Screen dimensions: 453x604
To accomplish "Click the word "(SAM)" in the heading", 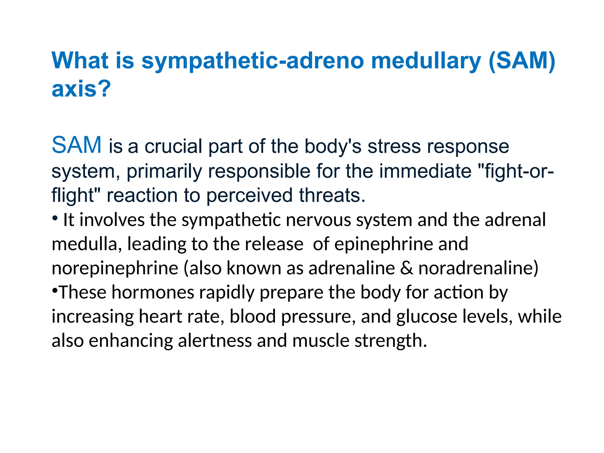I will [522, 60].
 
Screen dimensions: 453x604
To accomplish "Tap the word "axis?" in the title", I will [81, 88].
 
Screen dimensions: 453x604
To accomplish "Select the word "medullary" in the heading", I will [426, 61].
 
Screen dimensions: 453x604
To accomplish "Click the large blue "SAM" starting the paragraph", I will [77, 145].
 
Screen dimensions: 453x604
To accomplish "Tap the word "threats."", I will [332, 195].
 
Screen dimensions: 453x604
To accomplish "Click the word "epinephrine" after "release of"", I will [384, 244].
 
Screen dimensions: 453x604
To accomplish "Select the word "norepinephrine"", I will [115, 268].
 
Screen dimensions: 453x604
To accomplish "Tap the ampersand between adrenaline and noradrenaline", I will [406, 268].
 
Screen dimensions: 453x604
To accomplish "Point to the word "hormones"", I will [153, 293].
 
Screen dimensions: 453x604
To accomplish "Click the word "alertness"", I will [215, 341].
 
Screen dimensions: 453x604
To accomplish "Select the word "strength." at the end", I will [390, 341].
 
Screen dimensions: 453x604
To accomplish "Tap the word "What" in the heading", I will [80, 60].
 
